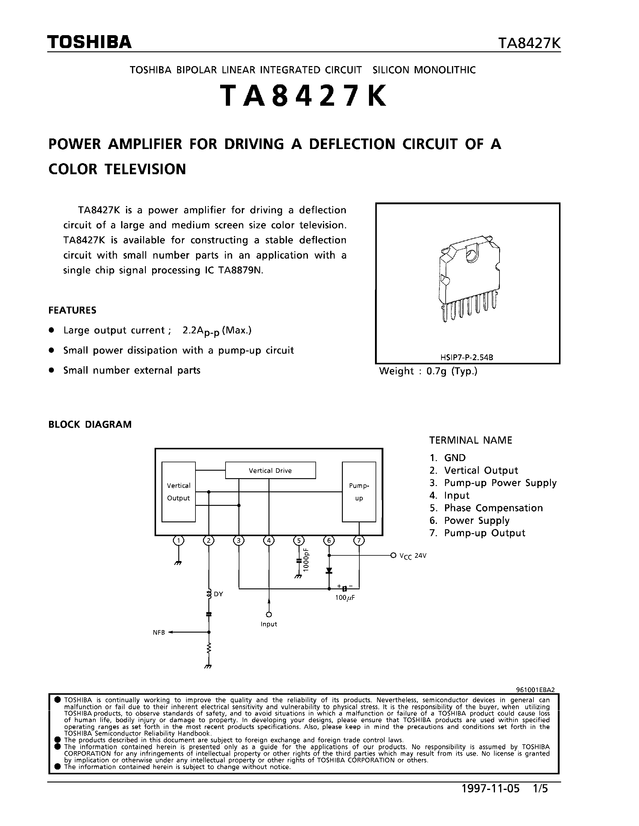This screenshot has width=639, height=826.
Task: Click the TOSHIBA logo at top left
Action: [89, 42]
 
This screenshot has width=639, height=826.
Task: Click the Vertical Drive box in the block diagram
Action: [270, 470]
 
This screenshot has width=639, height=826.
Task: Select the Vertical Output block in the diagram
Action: [178, 492]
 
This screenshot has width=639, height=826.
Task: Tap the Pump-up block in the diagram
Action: [359, 492]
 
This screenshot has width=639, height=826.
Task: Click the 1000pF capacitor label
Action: [306, 560]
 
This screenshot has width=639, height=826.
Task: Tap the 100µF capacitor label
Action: [345, 597]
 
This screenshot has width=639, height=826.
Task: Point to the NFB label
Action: [158, 632]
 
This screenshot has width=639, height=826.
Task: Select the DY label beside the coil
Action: [218, 594]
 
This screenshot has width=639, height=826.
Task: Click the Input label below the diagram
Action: [269, 624]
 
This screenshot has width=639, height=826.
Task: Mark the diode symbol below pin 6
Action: [329, 570]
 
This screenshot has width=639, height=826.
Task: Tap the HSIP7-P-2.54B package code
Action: [467, 357]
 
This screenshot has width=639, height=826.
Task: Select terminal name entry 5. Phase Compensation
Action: [486, 508]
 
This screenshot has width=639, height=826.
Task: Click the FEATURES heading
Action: [72, 311]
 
